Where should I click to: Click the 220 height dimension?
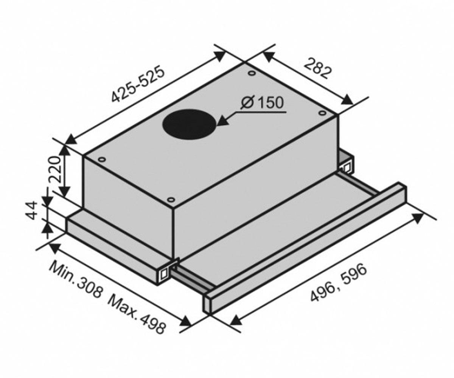(x=54, y=170)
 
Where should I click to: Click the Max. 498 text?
(x=137, y=317)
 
